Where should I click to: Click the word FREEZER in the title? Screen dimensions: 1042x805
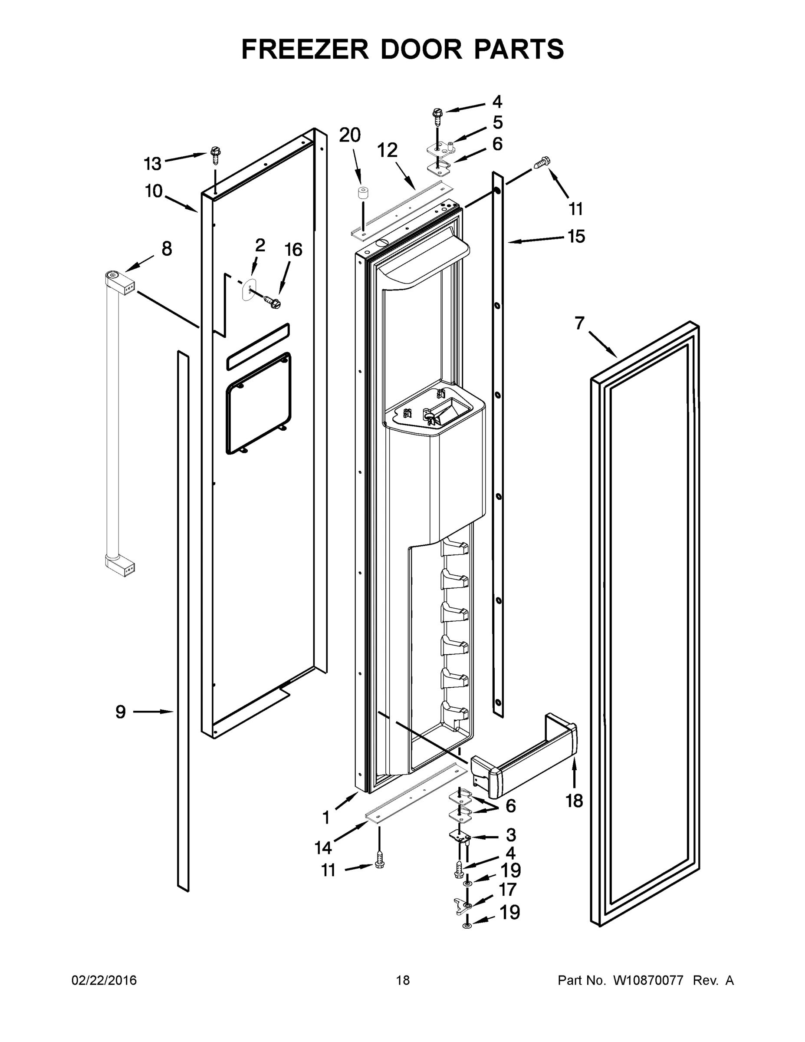[x=305, y=49]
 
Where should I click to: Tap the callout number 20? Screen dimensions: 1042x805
[x=350, y=135]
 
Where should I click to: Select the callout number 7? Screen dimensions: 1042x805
[x=579, y=323]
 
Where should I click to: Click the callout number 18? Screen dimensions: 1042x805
[x=574, y=801]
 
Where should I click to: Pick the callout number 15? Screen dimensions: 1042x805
[x=576, y=236]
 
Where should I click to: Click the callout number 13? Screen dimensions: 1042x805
[x=153, y=164]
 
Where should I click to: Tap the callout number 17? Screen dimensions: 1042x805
[x=507, y=889]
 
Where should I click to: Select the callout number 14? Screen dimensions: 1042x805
[x=323, y=848]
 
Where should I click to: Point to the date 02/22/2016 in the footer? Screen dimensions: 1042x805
[x=104, y=980]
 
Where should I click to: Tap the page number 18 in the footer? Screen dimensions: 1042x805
[x=403, y=980]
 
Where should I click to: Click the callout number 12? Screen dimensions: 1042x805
[x=387, y=151]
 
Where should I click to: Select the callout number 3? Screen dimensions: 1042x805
[x=511, y=835]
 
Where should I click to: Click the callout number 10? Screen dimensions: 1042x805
[x=154, y=191]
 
